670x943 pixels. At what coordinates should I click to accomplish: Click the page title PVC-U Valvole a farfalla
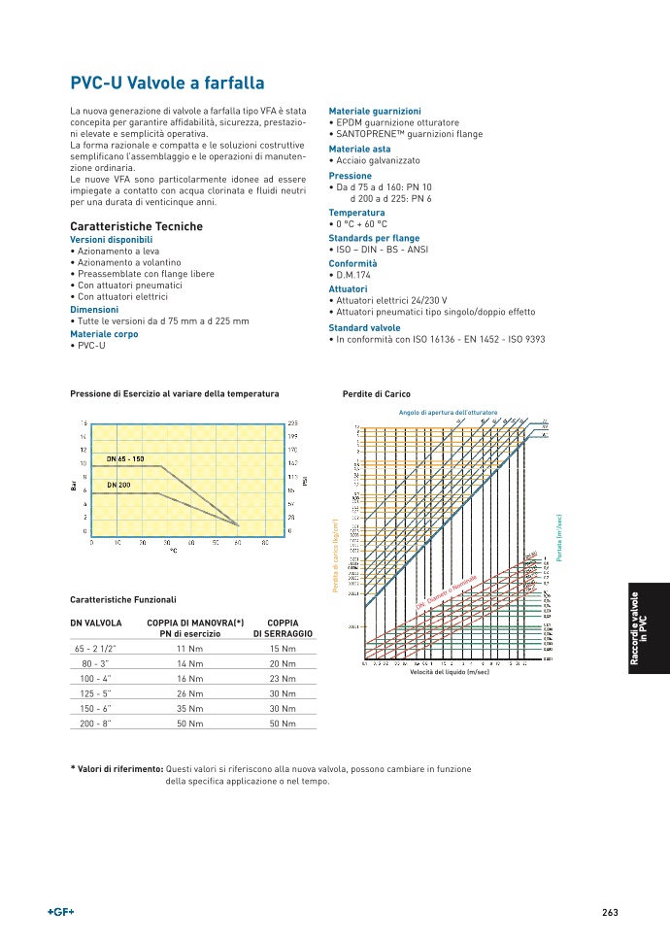click(167, 84)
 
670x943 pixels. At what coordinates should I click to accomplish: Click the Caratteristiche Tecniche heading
click(136, 226)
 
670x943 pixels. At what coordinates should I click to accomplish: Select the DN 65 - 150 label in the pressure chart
click(124, 458)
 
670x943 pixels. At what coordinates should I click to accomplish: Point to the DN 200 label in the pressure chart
click(118, 484)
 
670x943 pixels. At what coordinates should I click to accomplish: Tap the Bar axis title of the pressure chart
click(74, 486)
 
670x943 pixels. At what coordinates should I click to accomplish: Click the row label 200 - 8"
click(95, 724)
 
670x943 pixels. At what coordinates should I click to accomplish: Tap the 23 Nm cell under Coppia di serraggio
click(282, 678)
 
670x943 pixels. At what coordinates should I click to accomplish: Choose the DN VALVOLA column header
click(95, 622)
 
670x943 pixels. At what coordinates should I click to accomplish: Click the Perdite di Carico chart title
click(377, 394)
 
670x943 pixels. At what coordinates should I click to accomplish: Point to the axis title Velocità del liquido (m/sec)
click(450, 672)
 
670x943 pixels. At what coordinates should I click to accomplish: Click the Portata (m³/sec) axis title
click(560, 537)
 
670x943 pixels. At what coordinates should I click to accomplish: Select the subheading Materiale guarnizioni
click(375, 112)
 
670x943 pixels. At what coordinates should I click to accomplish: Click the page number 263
click(610, 912)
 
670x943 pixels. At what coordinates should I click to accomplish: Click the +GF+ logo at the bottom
click(61, 912)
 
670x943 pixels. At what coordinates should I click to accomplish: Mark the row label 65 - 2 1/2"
click(95, 648)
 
